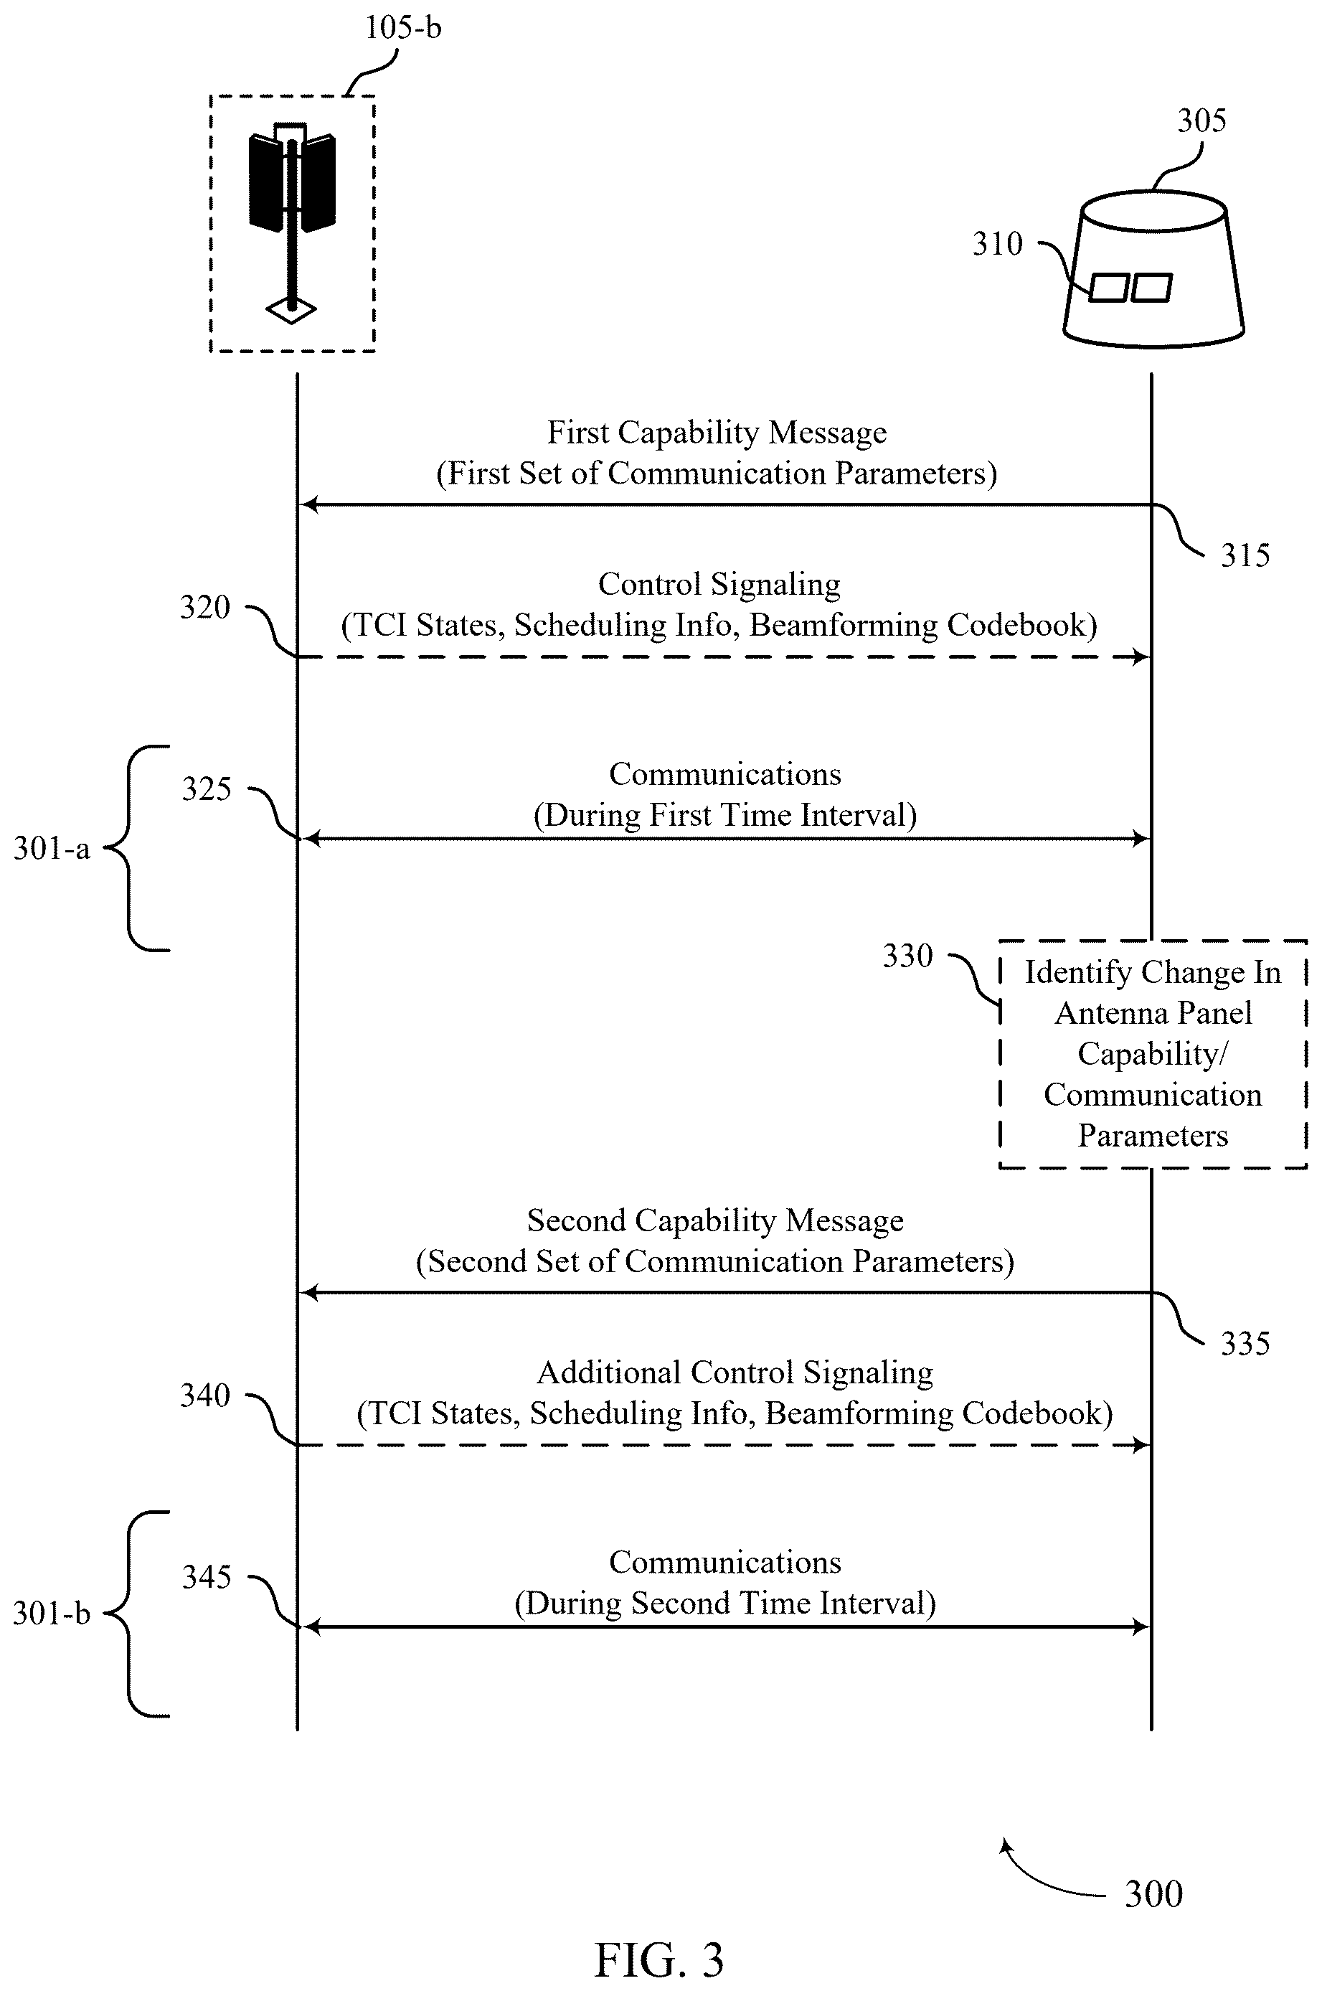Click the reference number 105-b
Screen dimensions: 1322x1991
(402, 28)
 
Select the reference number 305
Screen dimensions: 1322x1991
(1201, 121)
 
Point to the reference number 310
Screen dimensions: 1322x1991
(997, 244)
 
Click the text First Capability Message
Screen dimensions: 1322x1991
(717, 433)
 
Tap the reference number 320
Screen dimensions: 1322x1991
(205, 607)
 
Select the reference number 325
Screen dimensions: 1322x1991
(207, 789)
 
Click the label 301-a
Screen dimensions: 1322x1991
(52, 848)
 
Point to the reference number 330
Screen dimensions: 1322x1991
(908, 956)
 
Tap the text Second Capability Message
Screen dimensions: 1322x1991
(715, 1220)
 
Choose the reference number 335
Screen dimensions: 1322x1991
(1245, 1343)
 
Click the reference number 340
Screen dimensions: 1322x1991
(205, 1395)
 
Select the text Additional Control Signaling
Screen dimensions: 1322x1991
(735, 1373)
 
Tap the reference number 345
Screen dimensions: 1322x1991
(207, 1577)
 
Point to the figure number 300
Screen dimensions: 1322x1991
(1153, 1894)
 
